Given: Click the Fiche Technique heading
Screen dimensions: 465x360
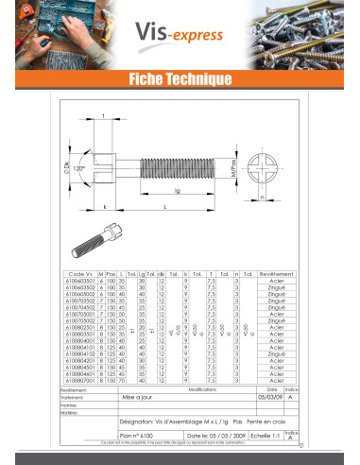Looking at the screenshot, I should (180, 78).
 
